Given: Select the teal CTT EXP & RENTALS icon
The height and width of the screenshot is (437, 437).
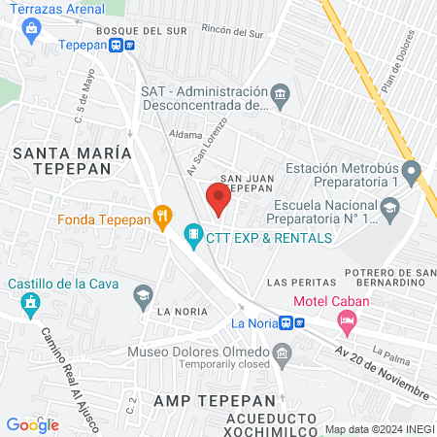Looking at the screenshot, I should pyautogui.click(x=194, y=234).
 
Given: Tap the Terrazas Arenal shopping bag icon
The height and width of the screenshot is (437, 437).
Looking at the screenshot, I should pyautogui.click(x=33, y=28).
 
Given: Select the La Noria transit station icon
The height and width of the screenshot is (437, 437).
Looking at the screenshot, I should pyautogui.click(x=285, y=322).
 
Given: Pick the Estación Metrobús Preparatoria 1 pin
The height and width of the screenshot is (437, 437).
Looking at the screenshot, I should pyautogui.click(x=411, y=174).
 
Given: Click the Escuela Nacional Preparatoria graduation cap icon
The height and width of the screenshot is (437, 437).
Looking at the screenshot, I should pyautogui.click(x=389, y=206).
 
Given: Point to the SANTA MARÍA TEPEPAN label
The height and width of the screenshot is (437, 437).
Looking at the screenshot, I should pyautogui.click(x=67, y=160).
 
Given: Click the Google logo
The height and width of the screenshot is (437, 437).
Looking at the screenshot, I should pyautogui.click(x=33, y=424).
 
